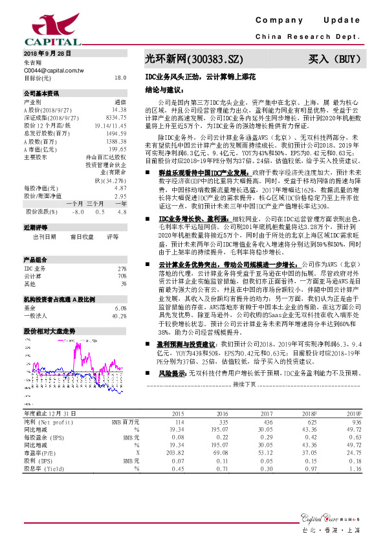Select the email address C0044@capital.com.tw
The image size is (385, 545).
click(x=54, y=69)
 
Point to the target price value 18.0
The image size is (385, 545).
click(x=120, y=77)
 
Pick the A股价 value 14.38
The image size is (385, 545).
click(x=118, y=110)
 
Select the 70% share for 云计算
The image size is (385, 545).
click(x=122, y=276)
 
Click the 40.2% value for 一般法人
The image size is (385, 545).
click(x=119, y=315)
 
